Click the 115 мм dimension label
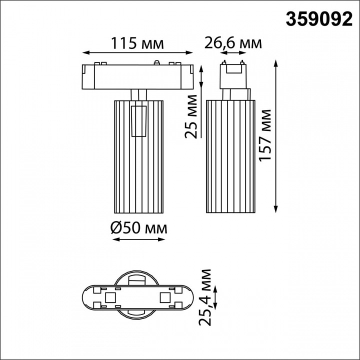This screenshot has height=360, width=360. (137, 43)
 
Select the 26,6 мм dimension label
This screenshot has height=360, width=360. (232, 43)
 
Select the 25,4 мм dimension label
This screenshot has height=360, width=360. (205, 297)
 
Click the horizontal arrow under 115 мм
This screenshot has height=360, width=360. (137, 52)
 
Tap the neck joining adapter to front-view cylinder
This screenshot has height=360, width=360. (137, 95)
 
